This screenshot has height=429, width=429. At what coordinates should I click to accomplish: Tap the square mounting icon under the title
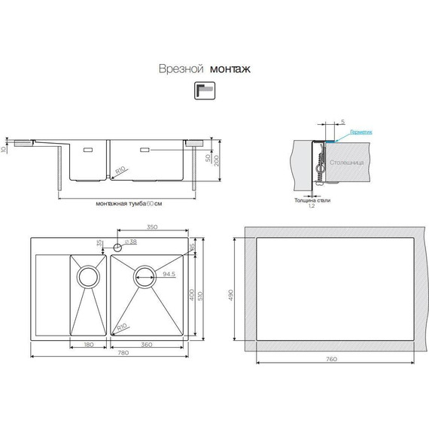coord(204,90)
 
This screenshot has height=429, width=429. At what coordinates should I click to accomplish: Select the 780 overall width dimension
coord(111,354)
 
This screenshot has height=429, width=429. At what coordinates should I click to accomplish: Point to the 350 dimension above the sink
coord(151,227)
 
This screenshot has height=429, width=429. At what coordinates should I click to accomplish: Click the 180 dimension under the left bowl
coord(90,344)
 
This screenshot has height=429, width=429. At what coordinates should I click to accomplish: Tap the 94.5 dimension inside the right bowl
coord(168,275)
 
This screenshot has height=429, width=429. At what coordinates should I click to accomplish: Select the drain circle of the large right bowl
coord(145,275)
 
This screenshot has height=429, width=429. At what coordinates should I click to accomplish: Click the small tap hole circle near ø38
coord(117,247)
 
